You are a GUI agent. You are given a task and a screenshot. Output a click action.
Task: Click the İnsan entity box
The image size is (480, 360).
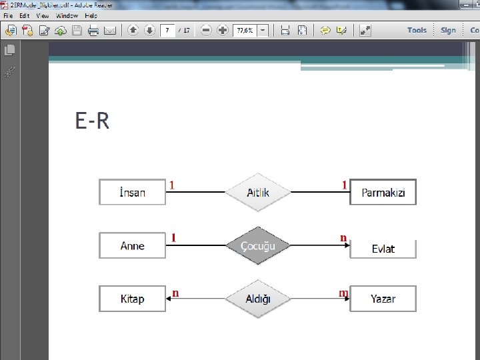pos(132,192)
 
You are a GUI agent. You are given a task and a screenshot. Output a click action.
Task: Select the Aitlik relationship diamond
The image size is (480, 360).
pos(258,192)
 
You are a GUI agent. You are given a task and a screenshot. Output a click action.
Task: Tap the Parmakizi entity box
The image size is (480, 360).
pos(383,192)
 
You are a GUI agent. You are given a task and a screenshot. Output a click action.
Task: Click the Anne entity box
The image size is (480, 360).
pos(132,245)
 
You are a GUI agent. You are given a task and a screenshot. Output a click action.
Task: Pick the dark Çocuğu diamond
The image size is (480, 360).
pos(258,245)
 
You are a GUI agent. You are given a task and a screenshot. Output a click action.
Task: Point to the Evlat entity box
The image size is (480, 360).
pos(383,249)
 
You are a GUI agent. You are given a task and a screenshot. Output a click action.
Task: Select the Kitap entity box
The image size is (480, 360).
pos(132,298)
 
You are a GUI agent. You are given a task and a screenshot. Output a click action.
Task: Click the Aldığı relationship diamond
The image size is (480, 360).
pos(258,298)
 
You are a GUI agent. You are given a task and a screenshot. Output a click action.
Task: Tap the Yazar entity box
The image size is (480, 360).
pos(383,298)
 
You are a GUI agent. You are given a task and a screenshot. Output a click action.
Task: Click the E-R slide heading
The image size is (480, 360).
pos(92,121)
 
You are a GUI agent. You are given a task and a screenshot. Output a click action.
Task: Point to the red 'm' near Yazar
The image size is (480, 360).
pos(343,293)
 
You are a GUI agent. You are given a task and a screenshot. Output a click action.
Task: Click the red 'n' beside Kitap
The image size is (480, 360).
pos(175,292)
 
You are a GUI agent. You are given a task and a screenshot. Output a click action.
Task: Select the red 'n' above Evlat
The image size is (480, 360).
pos(343,237)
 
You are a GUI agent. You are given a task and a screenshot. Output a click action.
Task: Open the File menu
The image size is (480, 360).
pos(8,15)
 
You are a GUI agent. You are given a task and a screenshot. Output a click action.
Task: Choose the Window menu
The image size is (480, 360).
pos(67,15)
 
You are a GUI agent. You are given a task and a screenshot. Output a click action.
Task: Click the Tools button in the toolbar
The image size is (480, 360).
pos(417,30)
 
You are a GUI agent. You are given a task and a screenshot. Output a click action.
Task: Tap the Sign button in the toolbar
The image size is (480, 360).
pos(448,30)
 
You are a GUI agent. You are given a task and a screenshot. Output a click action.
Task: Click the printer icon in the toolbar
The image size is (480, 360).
pos(93,30)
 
